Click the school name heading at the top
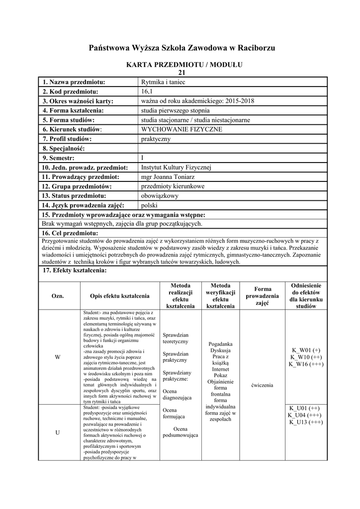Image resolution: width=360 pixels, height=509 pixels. pyautogui.click(x=181, y=48)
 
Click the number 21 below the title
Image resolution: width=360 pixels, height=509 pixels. pyautogui.click(x=181, y=73)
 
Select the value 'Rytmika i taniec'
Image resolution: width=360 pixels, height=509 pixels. pyautogui.click(x=163, y=82)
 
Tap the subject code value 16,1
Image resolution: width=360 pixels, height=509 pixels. pyautogui.click(x=149, y=91)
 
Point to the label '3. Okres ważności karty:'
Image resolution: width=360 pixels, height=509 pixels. pyautogui.click(x=78, y=101)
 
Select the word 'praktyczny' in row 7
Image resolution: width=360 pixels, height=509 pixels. pyautogui.click(x=156, y=139)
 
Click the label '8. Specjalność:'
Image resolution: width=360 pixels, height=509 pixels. pyautogui.click(x=64, y=148)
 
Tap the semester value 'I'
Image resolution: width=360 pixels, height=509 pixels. pyautogui.click(x=143, y=158)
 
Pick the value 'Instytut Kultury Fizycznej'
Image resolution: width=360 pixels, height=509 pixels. pyautogui.click(x=177, y=167)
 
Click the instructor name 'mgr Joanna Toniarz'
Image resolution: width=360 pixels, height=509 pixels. pyautogui.click(x=167, y=176)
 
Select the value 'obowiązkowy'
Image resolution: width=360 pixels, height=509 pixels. pyautogui.click(x=160, y=196)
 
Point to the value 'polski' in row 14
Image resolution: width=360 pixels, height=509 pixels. pyautogui.click(x=149, y=205)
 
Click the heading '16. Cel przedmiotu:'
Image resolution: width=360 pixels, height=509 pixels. pyautogui.click(x=70, y=233)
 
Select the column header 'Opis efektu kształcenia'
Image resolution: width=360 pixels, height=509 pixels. pyautogui.click(x=119, y=296)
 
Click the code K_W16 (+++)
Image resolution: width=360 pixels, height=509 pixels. pyautogui.click(x=306, y=364)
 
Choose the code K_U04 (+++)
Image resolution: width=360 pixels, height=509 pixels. pyautogui.click(x=304, y=415)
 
